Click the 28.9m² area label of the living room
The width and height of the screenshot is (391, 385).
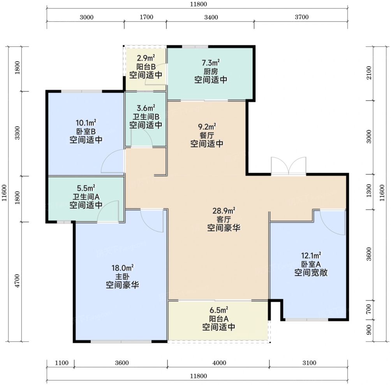coord(224,211)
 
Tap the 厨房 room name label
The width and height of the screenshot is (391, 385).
coord(211,72)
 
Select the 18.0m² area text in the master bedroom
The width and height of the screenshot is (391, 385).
coord(122,268)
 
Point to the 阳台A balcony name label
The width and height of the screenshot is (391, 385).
coord(219,319)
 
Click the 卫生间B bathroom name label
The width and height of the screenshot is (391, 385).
coord(146,117)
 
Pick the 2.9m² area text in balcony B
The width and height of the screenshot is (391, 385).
coord(146,58)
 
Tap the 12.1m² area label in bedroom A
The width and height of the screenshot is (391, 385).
coord(311,255)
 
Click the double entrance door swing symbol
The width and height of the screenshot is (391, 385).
coord(289,165)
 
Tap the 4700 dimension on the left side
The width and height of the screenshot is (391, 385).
coord(17,281)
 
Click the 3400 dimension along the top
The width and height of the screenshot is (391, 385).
coord(211,17)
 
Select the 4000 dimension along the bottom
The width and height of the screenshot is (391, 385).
coord(219,363)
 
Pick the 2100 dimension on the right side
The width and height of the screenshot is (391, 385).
coord(368,73)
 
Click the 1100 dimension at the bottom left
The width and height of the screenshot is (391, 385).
coord(62,363)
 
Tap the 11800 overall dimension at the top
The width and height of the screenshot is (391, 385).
coord(199,4)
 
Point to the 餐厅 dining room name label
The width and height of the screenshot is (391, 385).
coord(207,135)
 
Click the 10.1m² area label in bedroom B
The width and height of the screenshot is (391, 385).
coord(86,123)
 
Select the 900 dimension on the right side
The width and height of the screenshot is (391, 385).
coord(368,330)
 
